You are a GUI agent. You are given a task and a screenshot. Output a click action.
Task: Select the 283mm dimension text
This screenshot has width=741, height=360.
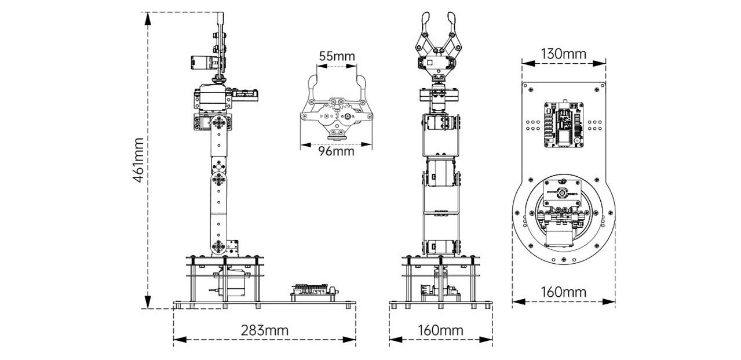point(264,330)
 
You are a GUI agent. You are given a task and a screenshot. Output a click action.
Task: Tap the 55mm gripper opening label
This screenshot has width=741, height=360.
point(337,56)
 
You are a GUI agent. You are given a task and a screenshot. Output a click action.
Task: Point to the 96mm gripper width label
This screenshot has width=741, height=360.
point(336,151)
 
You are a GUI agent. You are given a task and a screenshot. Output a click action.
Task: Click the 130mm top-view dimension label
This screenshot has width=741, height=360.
point(564,53)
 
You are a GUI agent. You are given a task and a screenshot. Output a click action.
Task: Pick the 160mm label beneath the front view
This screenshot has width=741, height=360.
point(440,330)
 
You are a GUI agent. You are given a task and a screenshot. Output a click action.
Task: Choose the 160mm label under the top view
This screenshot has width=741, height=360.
point(564,292)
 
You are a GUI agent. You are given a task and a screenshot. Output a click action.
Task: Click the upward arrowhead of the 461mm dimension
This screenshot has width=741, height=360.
point(148,19)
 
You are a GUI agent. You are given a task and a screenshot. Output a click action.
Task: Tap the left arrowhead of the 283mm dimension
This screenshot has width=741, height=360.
point(180,340)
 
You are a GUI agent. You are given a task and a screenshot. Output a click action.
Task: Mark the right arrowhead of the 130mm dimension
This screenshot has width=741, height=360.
point(599,63)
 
